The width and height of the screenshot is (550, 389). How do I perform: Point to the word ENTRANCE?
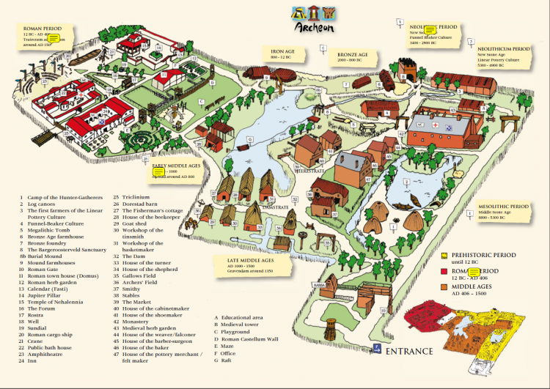408,351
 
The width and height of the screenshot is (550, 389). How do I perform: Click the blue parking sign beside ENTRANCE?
375,349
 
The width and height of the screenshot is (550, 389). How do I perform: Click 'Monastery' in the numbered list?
139,300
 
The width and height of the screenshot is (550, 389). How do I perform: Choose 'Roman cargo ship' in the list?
51,335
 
